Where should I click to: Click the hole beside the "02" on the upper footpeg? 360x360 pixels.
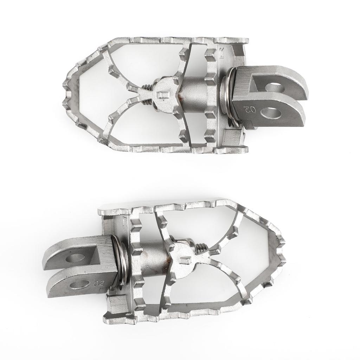(271, 113)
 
